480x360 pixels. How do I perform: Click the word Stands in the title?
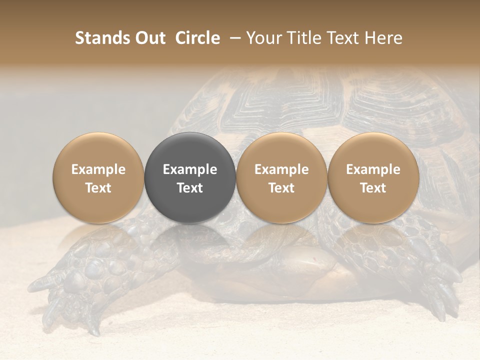click(x=103, y=38)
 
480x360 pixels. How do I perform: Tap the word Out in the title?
click(x=149, y=38)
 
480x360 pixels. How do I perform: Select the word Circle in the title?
click(x=198, y=38)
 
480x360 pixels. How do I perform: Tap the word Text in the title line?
click(x=343, y=38)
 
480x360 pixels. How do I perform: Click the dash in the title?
click(x=233, y=38)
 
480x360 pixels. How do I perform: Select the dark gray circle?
click(x=190, y=177)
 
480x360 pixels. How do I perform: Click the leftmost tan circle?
click(x=98, y=177)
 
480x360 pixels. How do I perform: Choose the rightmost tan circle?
click(x=373, y=177)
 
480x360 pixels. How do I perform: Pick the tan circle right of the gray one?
click(x=281, y=177)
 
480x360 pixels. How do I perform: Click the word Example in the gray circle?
click(x=190, y=169)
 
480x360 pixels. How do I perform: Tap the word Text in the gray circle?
click(x=190, y=188)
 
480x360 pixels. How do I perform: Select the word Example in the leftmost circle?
click(x=98, y=169)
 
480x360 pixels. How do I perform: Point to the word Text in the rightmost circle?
click(x=373, y=188)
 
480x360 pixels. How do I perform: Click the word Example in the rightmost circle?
click(x=373, y=169)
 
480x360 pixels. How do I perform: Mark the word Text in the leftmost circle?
click(x=98, y=188)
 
